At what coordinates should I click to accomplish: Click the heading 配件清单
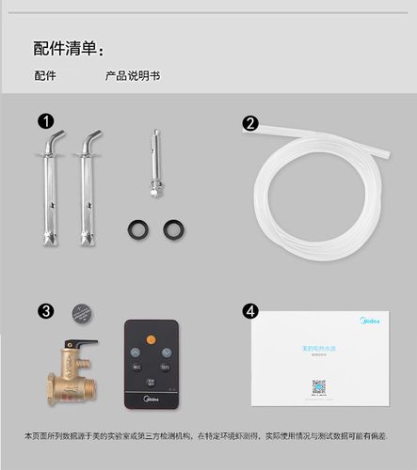click(68, 48)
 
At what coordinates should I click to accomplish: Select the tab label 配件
click(45, 75)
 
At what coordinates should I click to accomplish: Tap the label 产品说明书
click(132, 75)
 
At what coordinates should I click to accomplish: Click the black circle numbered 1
click(45, 121)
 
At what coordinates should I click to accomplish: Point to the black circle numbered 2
click(250, 123)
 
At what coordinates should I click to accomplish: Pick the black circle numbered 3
click(45, 311)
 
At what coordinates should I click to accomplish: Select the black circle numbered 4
click(250, 310)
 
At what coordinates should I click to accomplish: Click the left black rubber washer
click(137, 228)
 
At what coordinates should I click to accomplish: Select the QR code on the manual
click(319, 386)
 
